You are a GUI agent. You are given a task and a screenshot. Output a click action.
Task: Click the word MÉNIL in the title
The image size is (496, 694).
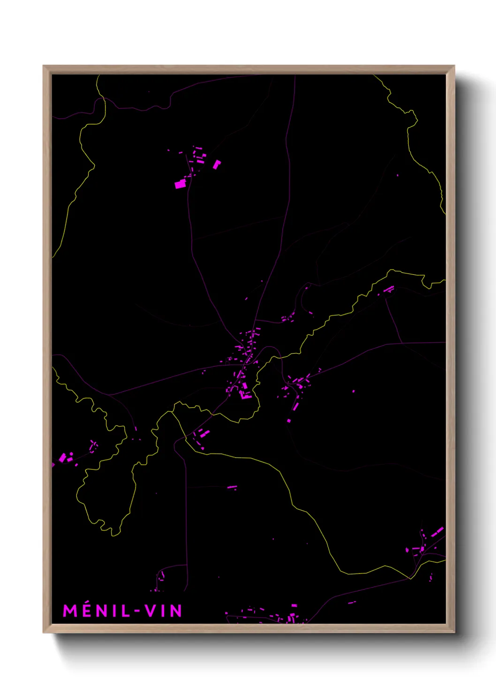point(96,611)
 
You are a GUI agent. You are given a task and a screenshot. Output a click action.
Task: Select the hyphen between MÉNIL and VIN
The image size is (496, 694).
point(137,611)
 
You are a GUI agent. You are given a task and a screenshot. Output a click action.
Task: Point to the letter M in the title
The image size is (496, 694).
point(70,611)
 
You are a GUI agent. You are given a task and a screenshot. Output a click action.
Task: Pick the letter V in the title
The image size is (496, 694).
point(150,611)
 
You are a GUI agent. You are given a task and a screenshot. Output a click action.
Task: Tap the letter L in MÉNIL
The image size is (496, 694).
point(125,611)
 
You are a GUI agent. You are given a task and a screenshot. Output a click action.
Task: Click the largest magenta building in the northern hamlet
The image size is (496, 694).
point(180,184)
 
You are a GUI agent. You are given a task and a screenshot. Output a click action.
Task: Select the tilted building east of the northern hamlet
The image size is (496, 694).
point(217,164)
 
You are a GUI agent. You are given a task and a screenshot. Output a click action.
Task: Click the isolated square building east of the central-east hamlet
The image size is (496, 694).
point(353,391)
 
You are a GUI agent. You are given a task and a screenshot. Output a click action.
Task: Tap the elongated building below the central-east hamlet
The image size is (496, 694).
point(296,404)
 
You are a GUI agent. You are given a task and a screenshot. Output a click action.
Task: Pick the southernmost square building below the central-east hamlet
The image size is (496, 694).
point(289,421)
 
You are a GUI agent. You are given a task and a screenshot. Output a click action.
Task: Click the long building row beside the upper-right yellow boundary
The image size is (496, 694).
point(389,289)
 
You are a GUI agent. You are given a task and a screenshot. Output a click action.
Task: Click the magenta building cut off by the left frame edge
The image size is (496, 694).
point(53,465)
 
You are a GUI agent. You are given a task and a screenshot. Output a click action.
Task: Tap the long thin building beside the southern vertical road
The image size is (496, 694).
point(232,487)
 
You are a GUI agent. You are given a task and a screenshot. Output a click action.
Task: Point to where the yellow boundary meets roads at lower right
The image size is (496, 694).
point(410,578)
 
